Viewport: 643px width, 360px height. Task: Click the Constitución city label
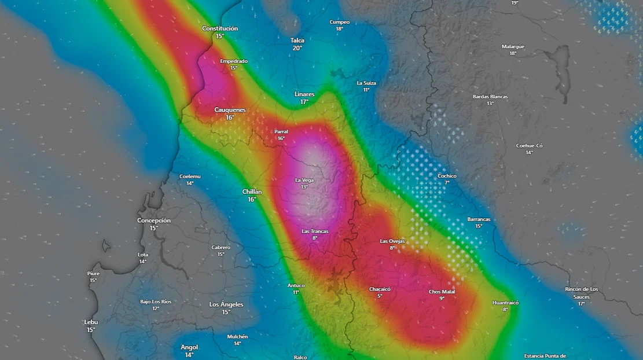[x=220, y=28]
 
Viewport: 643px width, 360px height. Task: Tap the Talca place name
[x=297, y=41]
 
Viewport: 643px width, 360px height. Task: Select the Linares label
[x=304, y=94]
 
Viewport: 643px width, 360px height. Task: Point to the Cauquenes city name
[x=230, y=110]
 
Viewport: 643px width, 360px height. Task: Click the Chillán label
[x=252, y=192]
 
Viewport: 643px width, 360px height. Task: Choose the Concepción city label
[x=154, y=221]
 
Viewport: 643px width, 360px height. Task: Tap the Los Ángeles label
[x=226, y=304]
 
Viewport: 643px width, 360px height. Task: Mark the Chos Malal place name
[x=442, y=292]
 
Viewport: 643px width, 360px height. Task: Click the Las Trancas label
[x=315, y=232]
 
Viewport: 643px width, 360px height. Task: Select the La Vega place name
[x=304, y=180]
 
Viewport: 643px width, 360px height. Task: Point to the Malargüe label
[x=513, y=46]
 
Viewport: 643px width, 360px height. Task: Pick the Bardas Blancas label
[x=490, y=97]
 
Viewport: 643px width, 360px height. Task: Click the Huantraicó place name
[x=505, y=303]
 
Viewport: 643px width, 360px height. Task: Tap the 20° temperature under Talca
[x=297, y=48]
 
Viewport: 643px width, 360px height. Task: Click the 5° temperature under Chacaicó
[x=380, y=296]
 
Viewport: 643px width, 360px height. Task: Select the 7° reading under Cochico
[x=447, y=183]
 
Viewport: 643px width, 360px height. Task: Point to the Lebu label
[x=91, y=322]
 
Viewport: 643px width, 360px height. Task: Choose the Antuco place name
[x=296, y=285]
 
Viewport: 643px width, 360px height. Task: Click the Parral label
[x=281, y=131]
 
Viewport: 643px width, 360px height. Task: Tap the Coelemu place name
[x=190, y=176]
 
